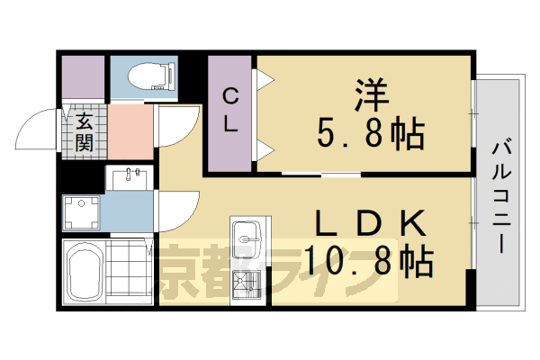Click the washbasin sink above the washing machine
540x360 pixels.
pyautogui.click(x=130, y=176)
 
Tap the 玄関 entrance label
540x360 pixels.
pyautogui.click(x=83, y=130)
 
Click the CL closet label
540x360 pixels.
pyautogui.click(x=230, y=110)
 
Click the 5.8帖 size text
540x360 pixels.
pyautogui.click(x=370, y=135)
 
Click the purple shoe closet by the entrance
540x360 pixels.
pyautogui.click(x=84, y=79)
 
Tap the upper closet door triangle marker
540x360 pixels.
pyautogui.click(x=265, y=80)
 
